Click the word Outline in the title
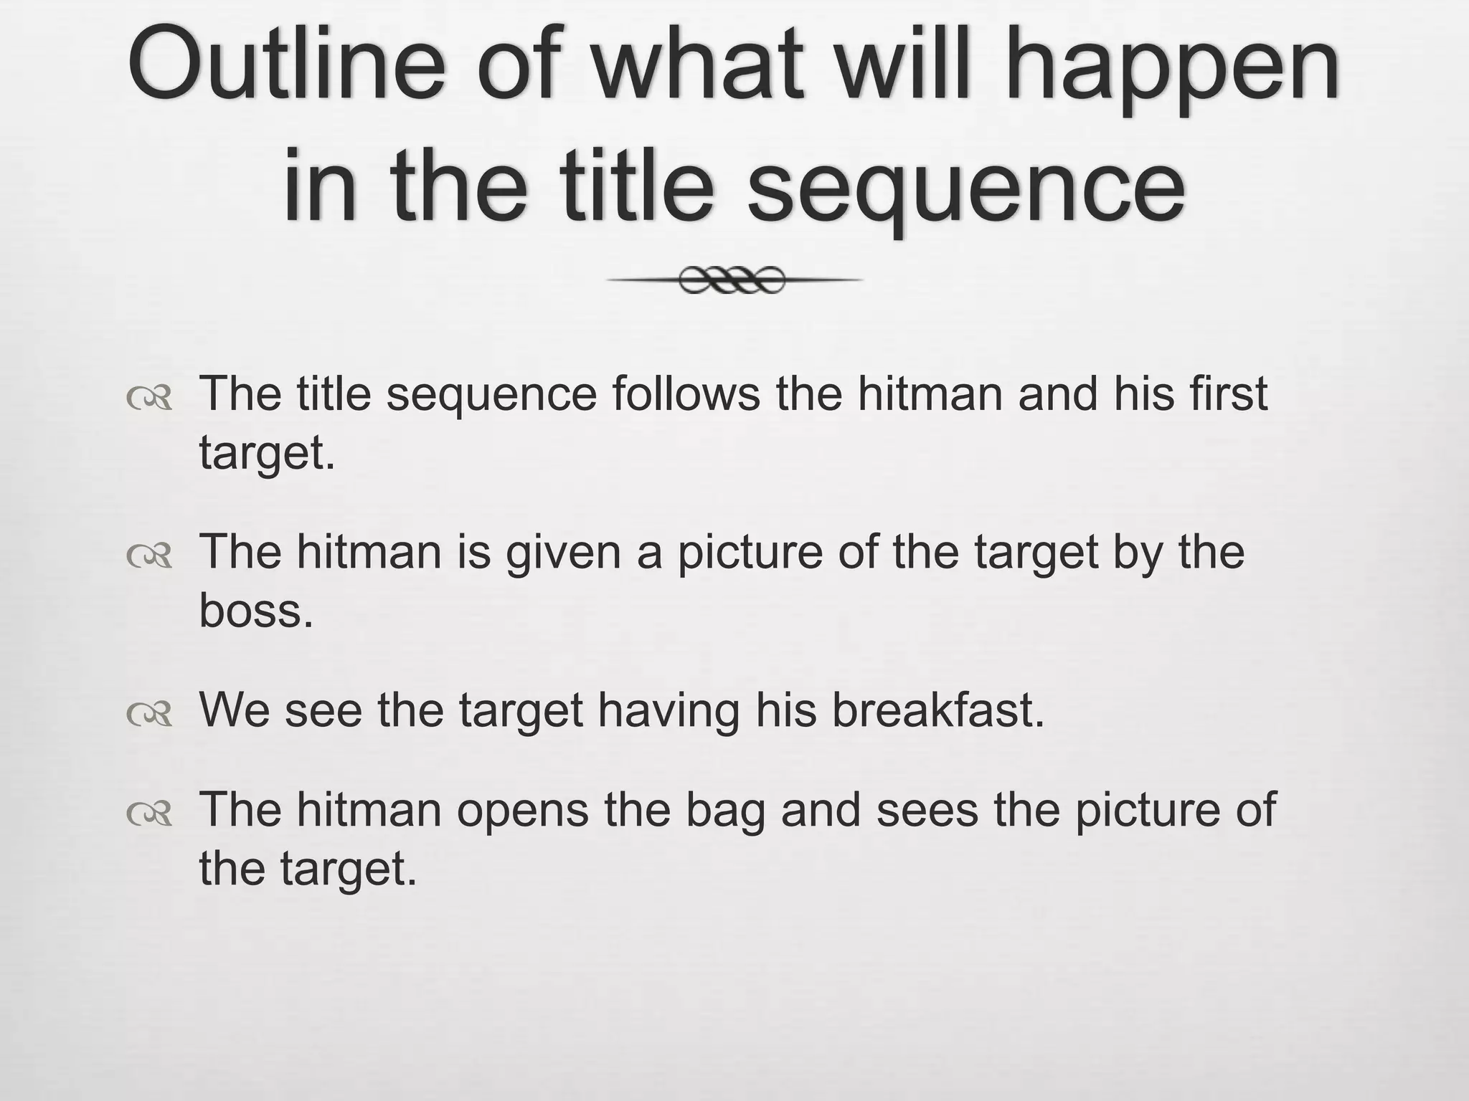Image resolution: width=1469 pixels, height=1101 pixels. coord(288,66)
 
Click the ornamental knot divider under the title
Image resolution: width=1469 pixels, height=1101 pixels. coord(732,280)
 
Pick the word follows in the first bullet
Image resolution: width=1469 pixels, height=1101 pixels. coord(685,394)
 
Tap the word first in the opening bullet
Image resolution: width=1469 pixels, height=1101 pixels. coord(1227,394)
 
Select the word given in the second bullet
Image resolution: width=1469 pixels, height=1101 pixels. coord(564,553)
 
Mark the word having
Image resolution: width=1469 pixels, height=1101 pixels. coord(669,711)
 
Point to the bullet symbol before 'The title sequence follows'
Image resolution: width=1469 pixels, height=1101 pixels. coord(150,399)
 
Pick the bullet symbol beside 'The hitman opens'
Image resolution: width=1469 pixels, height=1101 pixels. coord(150,814)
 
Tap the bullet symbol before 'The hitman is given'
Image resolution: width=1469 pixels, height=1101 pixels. coord(150,556)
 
